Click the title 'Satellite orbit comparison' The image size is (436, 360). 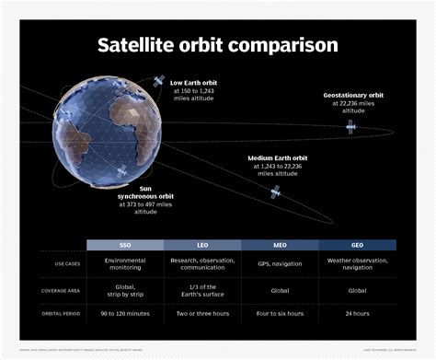(218, 44)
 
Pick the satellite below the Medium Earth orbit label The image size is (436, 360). (274, 192)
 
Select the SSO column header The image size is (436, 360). (124, 246)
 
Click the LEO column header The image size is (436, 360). (201, 246)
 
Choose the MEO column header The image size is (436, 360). (280, 246)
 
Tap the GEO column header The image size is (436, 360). (357, 246)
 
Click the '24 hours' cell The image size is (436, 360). (357, 314)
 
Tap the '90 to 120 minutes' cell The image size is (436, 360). (124, 314)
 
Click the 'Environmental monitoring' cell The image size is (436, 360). (124, 265)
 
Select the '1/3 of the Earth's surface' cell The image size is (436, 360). (201, 291)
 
